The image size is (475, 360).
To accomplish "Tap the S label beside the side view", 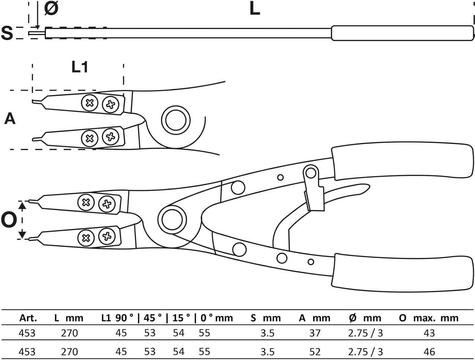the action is point(7,33).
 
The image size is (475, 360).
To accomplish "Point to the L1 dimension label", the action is point(79,67).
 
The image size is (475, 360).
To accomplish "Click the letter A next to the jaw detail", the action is point(10,119).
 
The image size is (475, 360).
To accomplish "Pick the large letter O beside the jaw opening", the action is point(9,220).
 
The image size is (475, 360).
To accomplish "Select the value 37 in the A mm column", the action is point(315,333).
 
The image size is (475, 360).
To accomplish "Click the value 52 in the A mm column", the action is point(315,352).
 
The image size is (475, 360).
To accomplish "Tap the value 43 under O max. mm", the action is point(429,333).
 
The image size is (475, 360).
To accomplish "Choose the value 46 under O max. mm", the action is point(429,352).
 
